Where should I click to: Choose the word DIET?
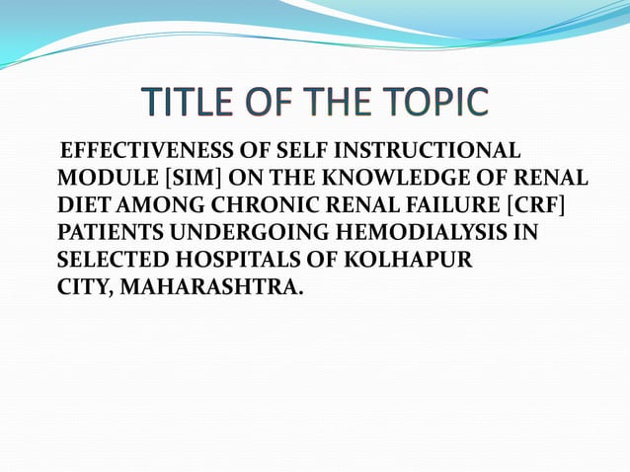[81, 206]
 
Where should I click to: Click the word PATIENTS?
[113, 234]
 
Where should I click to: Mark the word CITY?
[83, 289]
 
